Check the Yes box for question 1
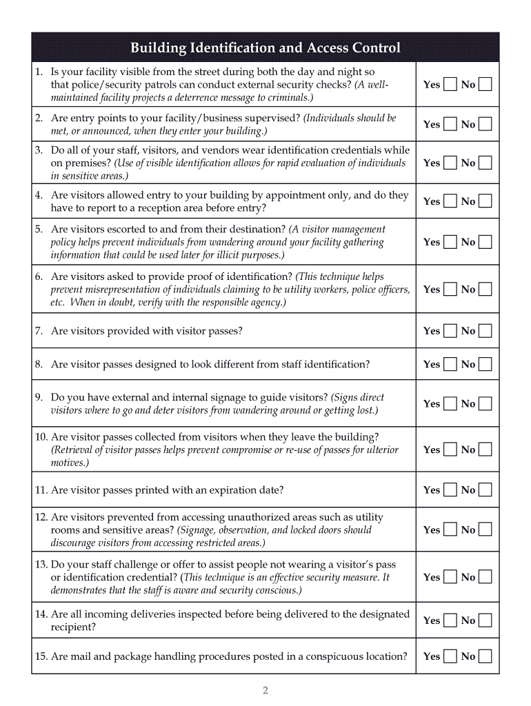[x=450, y=85]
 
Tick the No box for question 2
[x=485, y=125]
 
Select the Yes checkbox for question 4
[x=450, y=201]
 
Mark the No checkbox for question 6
[x=485, y=290]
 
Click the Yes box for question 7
[x=450, y=331]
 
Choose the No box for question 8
[x=485, y=364]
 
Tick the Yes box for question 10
[x=450, y=450]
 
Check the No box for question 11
[x=485, y=490]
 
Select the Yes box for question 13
[x=450, y=577]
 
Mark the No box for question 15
[x=485, y=656]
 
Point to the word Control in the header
[x=376, y=48]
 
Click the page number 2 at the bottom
[x=265, y=690]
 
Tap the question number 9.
[x=39, y=397]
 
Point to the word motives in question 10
[x=69, y=463]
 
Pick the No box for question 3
[x=485, y=163]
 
